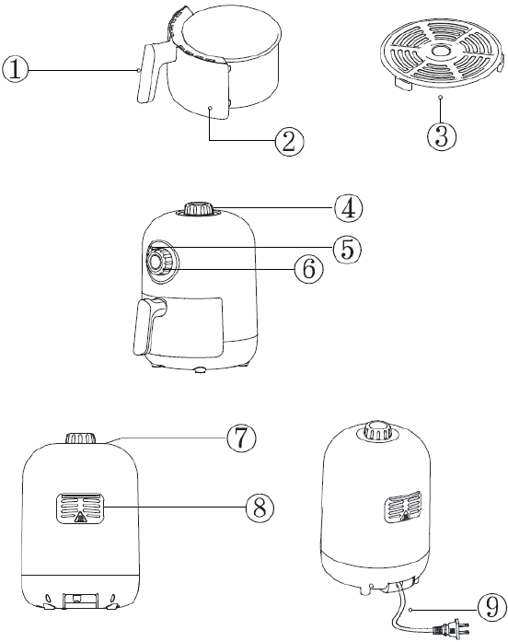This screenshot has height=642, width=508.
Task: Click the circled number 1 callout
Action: coord(15,70)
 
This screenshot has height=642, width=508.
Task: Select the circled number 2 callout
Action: coord(289,142)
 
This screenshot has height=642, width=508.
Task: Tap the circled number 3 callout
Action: coord(442,135)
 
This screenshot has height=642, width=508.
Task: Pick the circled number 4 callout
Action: coord(349,208)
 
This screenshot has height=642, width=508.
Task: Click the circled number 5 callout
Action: coord(347,249)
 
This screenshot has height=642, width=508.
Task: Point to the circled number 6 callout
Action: coord(309,269)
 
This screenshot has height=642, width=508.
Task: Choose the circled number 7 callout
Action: coord(242,438)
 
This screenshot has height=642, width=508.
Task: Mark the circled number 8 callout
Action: coord(260,508)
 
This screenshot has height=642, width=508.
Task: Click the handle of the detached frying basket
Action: coord(147,74)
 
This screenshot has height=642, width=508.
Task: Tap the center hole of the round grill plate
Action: coord(440,52)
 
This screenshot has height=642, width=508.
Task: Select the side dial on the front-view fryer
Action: coord(161,262)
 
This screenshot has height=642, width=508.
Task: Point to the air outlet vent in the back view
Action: coord(80,508)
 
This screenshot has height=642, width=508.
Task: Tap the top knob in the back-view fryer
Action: coord(81,438)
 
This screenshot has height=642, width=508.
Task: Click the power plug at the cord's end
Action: coord(452,626)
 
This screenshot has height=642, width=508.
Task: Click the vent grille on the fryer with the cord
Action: coord(403,506)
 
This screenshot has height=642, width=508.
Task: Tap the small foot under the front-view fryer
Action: coord(201,370)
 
